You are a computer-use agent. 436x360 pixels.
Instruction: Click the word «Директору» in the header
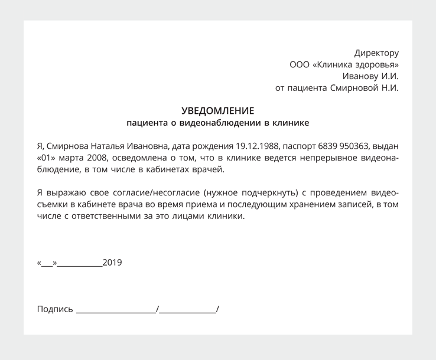pyautogui.click(x=376, y=53)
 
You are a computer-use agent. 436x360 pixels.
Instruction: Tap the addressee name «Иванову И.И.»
pyautogui.click(x=370, y=76)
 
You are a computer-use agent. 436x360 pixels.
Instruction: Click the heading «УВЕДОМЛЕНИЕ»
pyautogui.click(x=217, y=111)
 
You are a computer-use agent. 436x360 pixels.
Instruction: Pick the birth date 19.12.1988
pyautogui.click(x=258, y=146)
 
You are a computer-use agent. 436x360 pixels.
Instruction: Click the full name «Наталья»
pyautogui.click(x=112, y=146)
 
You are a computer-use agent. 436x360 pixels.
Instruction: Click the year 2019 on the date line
pyautogui.click(x=112, y=263)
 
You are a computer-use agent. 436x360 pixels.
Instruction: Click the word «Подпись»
pyautogui.click(x=55, y=309)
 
